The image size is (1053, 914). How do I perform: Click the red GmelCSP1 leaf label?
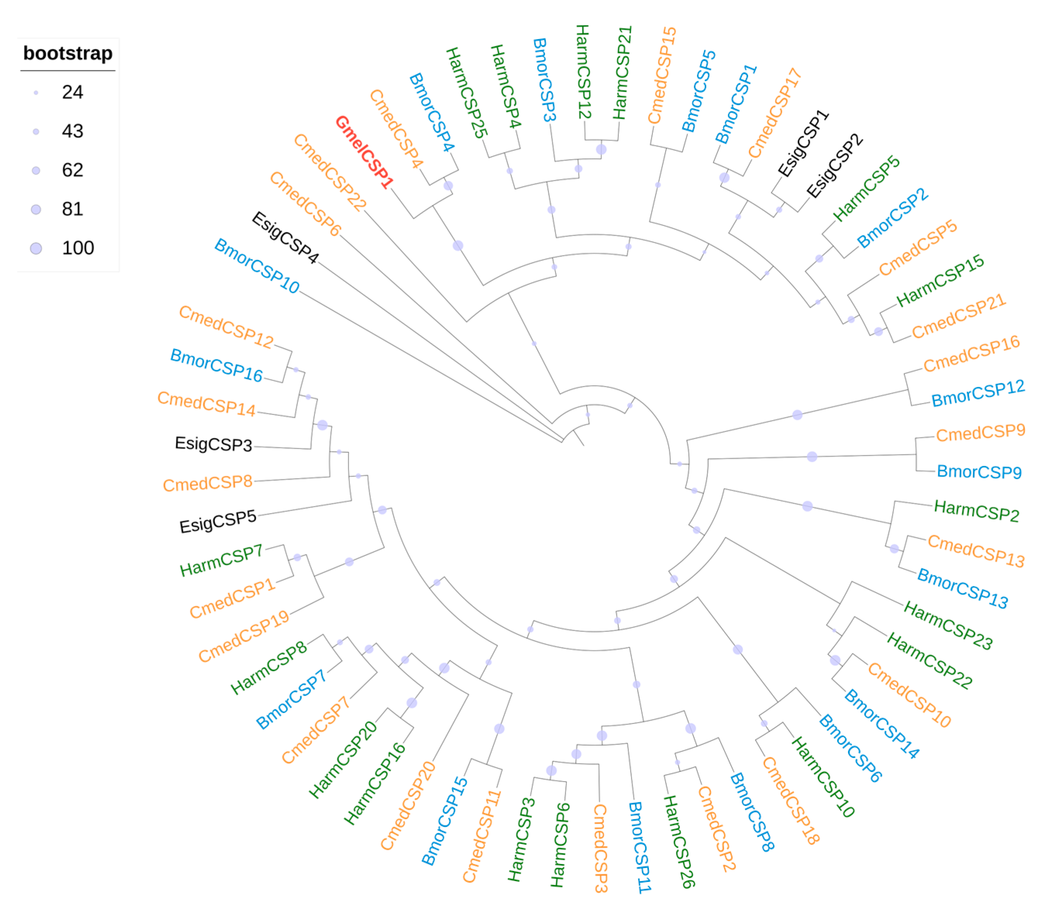click(365, 152)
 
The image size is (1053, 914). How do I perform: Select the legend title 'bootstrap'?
click(68, 53)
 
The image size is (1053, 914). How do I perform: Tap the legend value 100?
click(77, 248)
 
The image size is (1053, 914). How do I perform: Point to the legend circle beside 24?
click(36, 93)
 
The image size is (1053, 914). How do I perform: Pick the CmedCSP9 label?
click(981, 433)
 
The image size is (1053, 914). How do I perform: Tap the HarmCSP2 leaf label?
click(976, 511)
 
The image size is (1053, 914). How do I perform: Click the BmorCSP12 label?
click(978, 393)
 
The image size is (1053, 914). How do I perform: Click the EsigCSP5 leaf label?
click(218, 522)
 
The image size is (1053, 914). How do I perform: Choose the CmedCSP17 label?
click(775, 113)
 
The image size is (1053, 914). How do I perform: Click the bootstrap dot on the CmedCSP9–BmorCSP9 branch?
click(812, 457)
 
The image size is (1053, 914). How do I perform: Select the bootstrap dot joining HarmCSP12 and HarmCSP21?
click(601, 149)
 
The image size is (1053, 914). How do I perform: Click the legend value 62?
click(72, 170)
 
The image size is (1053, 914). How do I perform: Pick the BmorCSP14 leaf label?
click(881, 724)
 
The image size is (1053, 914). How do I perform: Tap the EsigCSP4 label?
click(285, 238)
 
